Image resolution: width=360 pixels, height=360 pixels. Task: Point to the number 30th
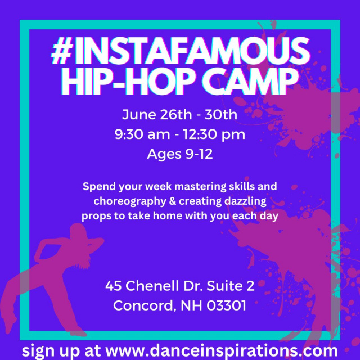[221, 114]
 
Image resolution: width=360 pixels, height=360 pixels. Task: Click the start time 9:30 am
[142, 134]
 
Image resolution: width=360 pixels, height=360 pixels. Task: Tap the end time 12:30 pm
[214, 135]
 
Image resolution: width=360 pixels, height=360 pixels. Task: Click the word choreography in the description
[129, 201]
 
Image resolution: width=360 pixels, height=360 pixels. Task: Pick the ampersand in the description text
[172, 201]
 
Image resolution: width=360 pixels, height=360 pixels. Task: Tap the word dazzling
[245, 201]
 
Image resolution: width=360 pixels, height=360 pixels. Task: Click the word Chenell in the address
[152, 286]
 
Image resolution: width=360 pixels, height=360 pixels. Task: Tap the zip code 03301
[226, 305]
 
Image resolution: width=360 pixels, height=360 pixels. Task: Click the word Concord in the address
[145, 306]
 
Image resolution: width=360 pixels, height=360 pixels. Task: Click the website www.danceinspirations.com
[221, 350]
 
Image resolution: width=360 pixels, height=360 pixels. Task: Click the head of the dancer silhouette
[78, 230]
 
